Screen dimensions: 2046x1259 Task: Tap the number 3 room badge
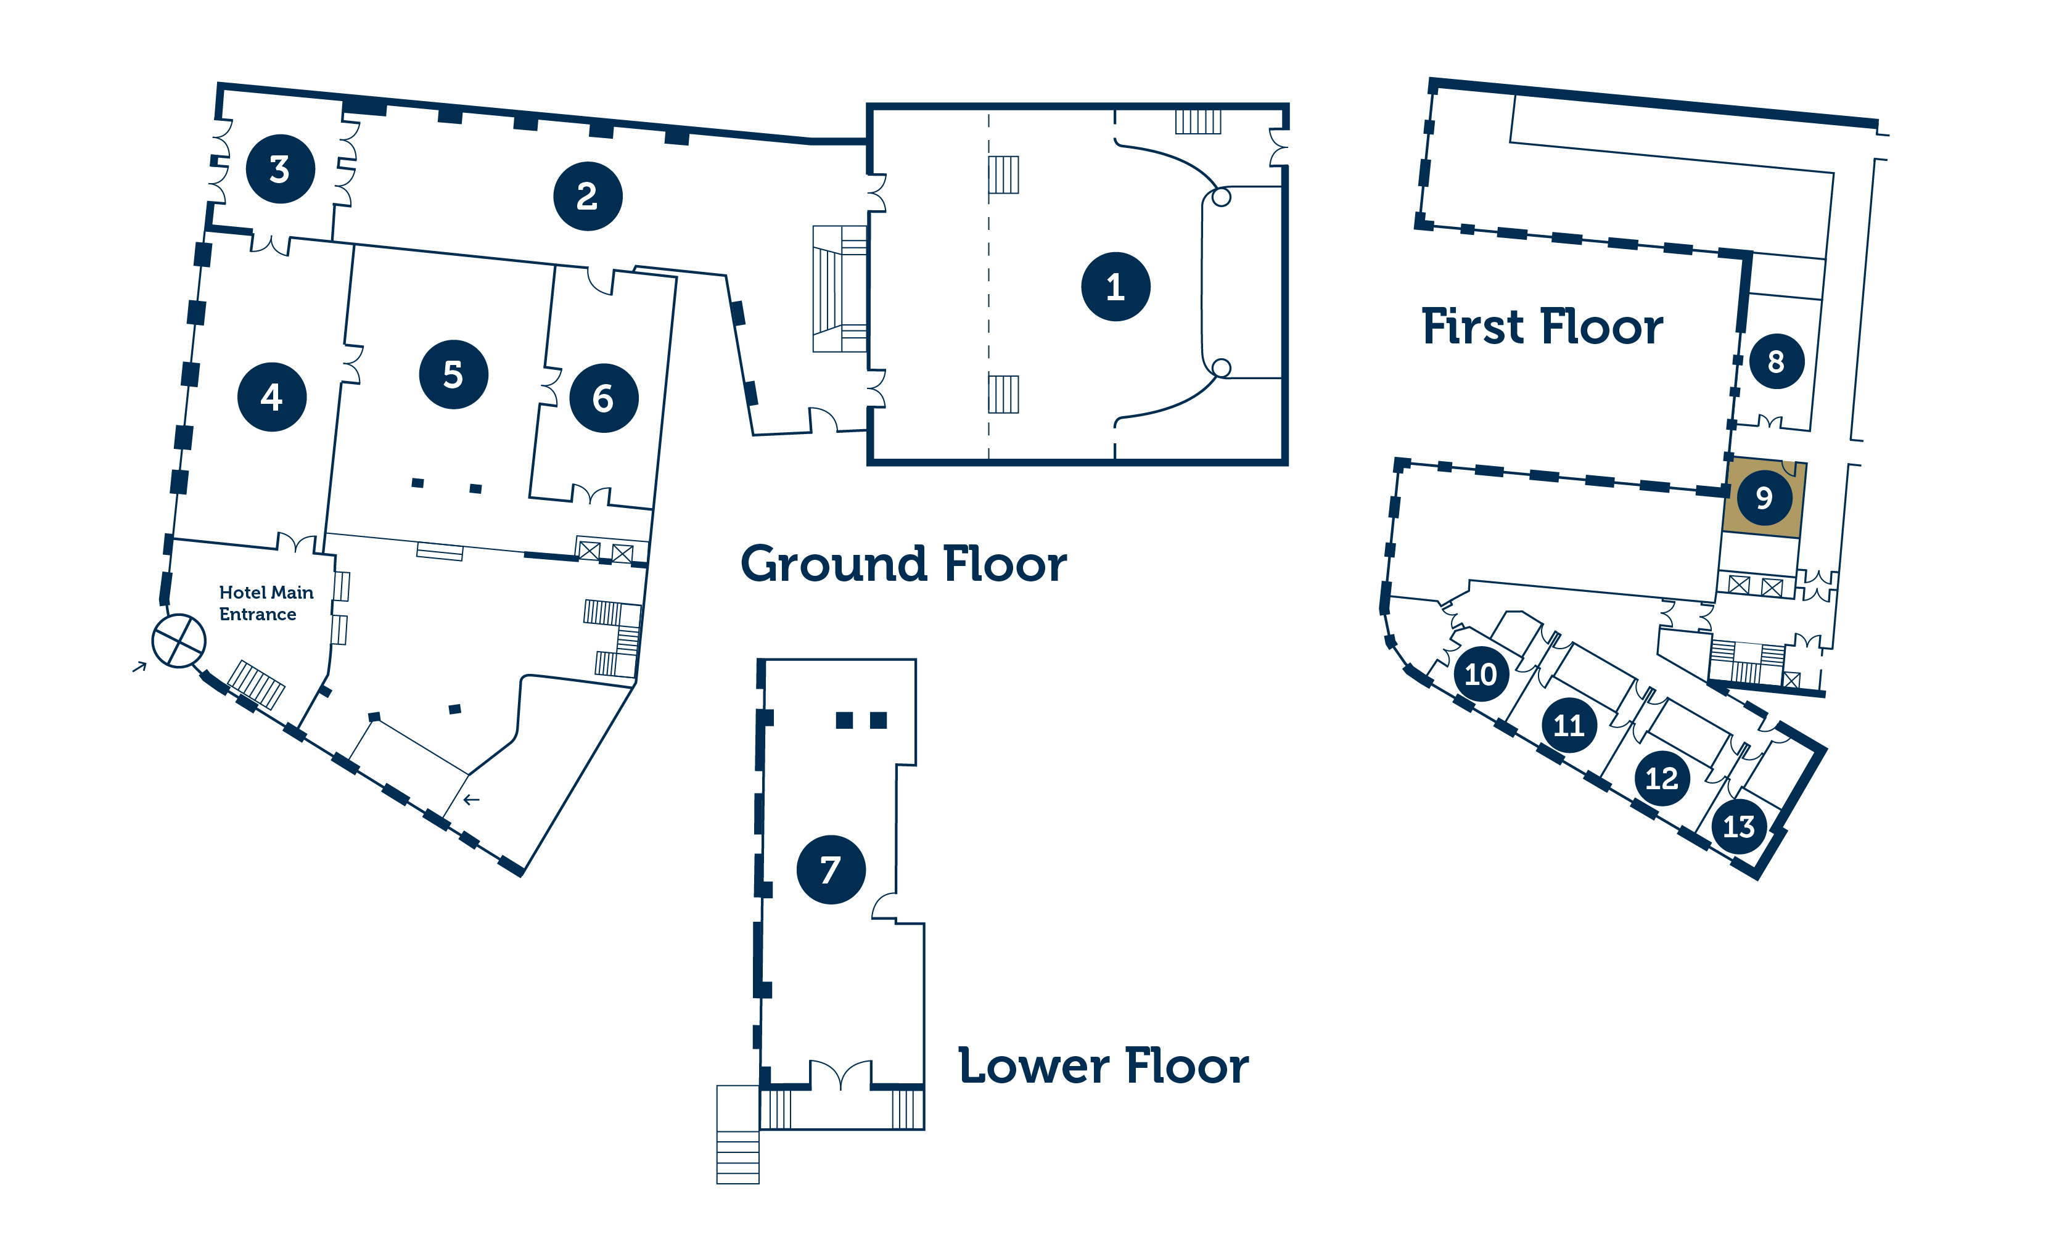coord(280,169)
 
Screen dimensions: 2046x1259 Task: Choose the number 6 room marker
coord(604,398)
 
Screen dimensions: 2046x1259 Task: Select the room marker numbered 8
coord(1776,361)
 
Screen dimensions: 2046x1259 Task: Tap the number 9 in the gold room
coord(1764,498)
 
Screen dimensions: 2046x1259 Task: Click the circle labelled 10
coord(1481,674)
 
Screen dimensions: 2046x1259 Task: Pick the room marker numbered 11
coord(1569,725)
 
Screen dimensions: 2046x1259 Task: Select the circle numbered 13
coord(1739,826)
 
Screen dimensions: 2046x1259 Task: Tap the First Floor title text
coord(1542,326)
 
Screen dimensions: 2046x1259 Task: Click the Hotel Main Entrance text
coord(266,603)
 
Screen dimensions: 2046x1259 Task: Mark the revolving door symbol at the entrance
coord(178,641)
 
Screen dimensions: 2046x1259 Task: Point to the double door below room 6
coord(591,494)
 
